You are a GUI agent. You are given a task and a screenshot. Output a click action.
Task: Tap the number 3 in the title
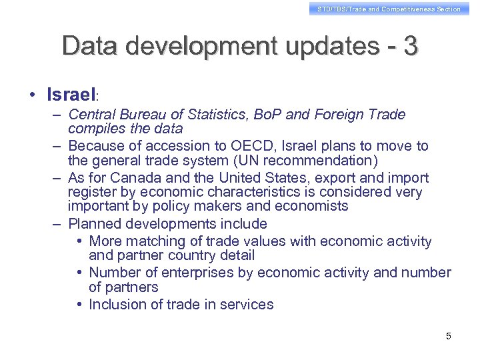point(411,46)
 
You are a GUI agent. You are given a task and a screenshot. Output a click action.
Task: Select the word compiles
point(95,128)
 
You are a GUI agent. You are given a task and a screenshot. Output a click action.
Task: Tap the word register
point(90,193)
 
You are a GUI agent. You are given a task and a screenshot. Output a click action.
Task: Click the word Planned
point(94,224)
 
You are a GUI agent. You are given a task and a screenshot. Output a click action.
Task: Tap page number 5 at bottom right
point(449,336)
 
